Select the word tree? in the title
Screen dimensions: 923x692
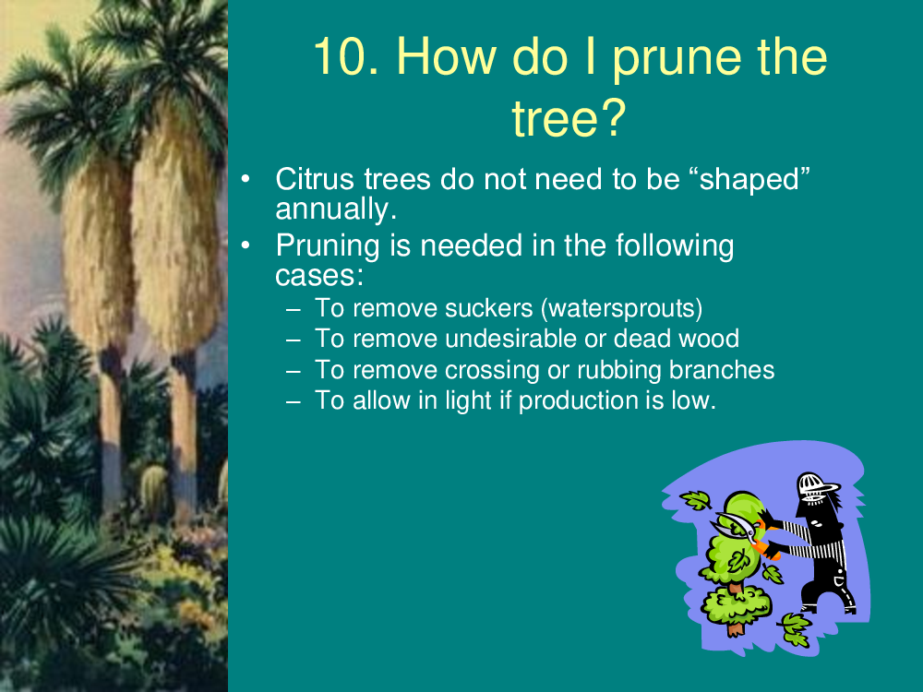coord(569,118)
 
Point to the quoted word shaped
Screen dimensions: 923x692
coord(754,181)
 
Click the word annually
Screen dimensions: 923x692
coord(336,209)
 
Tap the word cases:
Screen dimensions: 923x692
coord(319,276)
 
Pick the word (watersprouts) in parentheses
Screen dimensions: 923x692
coord(621,309)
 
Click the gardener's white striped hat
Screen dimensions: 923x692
coord(818,487)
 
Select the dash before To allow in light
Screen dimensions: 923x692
coord(294,402)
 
